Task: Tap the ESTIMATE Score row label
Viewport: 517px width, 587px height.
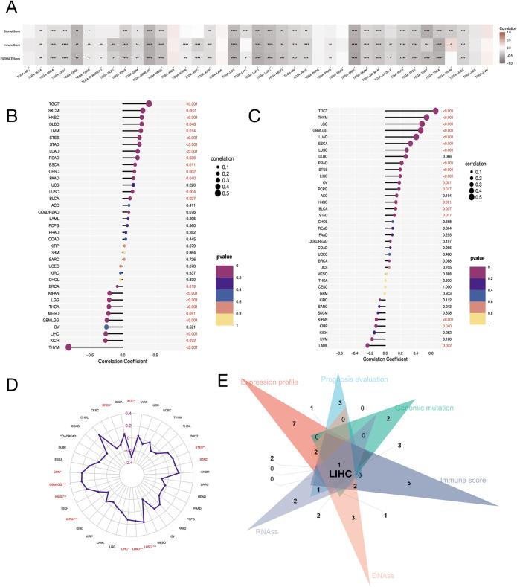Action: [13, 57]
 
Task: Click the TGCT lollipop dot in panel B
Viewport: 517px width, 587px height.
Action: [150, 104]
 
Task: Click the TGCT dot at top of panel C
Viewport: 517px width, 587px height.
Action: [436, 111]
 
